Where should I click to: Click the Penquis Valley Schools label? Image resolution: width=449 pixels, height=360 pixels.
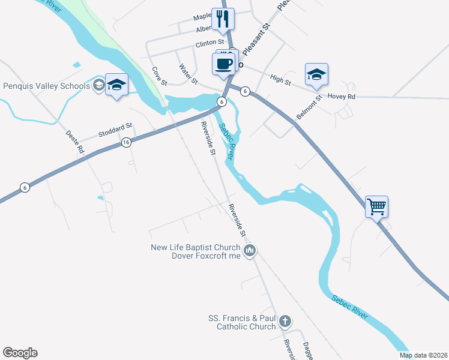pyautogui.click(x=46, y=86)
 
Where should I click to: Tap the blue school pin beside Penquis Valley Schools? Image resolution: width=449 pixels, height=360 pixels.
pyautogui.click(x=116, y=85)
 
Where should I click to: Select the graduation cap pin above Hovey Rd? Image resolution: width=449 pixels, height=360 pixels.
pyautogui.click(x=316, y=75)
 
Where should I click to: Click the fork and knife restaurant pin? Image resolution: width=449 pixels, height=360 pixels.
pyautogui.click(x=223, y=19)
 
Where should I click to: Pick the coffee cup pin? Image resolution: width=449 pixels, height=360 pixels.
pyautogui.click(x=223, y=64)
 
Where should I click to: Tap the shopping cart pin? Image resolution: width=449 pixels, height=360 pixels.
pyautogui.click(x=376, y=208)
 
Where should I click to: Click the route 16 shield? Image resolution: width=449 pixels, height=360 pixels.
pyautogui.click(x=126, y=142)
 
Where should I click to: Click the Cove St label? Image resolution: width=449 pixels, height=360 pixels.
pyautogui.click(x=158, y=75)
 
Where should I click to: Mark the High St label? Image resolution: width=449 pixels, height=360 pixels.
pyautogui.click(x=280, y=79)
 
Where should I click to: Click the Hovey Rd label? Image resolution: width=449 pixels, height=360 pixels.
pyautogui.click(x=342, y=96)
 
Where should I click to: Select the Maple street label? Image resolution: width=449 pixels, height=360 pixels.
pyautogui.click(x=203, y=17)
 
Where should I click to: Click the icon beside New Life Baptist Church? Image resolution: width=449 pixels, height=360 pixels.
pyautogui.click(x=250, y=249)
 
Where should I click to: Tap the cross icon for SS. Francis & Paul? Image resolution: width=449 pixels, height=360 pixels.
pyautogui.click(x=285, y=321)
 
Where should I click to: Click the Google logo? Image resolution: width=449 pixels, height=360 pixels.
pyautogui.click(x=20, y=353)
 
